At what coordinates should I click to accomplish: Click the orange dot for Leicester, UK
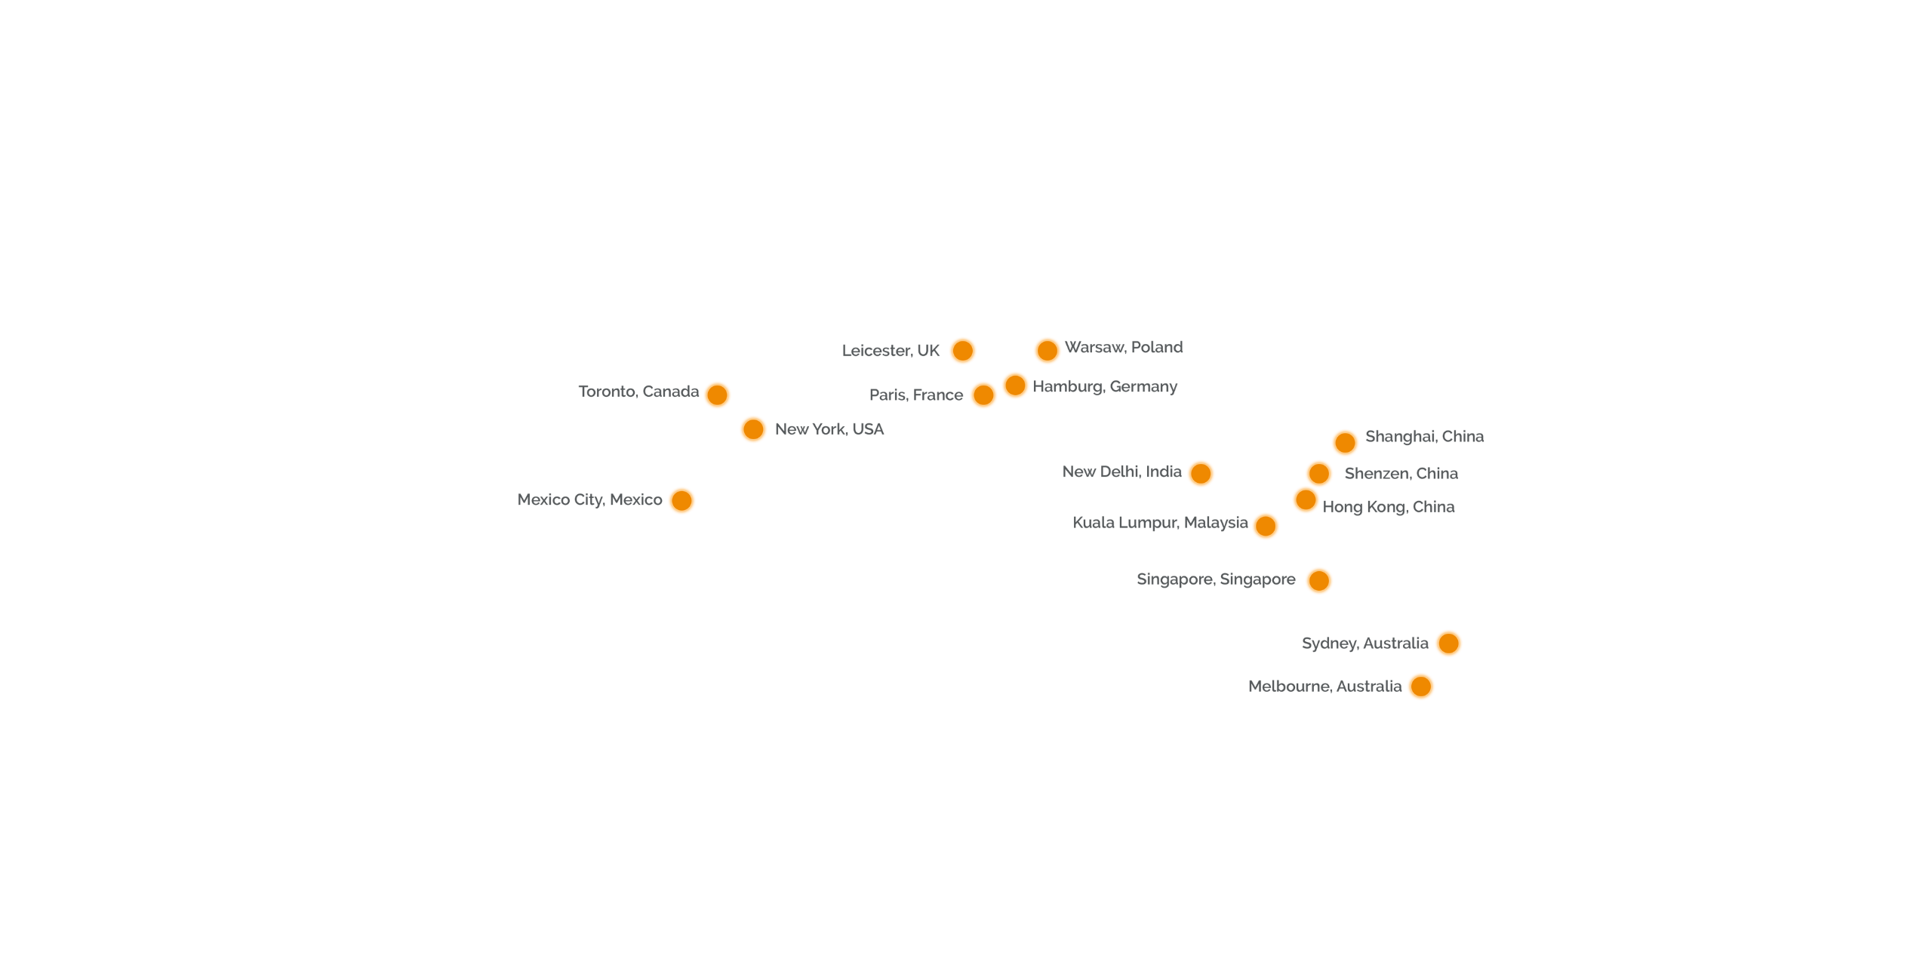(962, 350)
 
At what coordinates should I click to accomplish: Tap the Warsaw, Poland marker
(1047, 350)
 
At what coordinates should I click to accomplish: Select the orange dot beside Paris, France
(983, 394)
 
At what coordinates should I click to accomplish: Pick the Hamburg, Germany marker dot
(1015, 386)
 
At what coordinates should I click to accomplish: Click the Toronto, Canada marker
(717, 394)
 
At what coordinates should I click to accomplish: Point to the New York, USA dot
(753, 429)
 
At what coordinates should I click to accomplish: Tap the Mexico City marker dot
(681, 500)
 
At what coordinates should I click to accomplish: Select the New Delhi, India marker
(1201, 473)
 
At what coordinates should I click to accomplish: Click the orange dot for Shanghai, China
(1345, 442)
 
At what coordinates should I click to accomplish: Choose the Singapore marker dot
(1319, 581)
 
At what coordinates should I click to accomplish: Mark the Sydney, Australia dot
(1448, 643)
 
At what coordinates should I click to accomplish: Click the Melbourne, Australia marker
(1420, 687)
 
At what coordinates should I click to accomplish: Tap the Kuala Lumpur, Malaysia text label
(1160, 523)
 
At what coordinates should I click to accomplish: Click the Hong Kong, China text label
(1388, 507)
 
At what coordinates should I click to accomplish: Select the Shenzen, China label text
(1401, 474)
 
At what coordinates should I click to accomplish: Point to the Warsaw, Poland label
(1123, 347)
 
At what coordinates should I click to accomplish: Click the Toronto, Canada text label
(638, 392)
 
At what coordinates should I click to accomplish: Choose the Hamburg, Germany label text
(1105, 387)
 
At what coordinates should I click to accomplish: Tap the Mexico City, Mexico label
(589, 499)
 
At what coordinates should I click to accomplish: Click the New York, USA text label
(829, 429)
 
